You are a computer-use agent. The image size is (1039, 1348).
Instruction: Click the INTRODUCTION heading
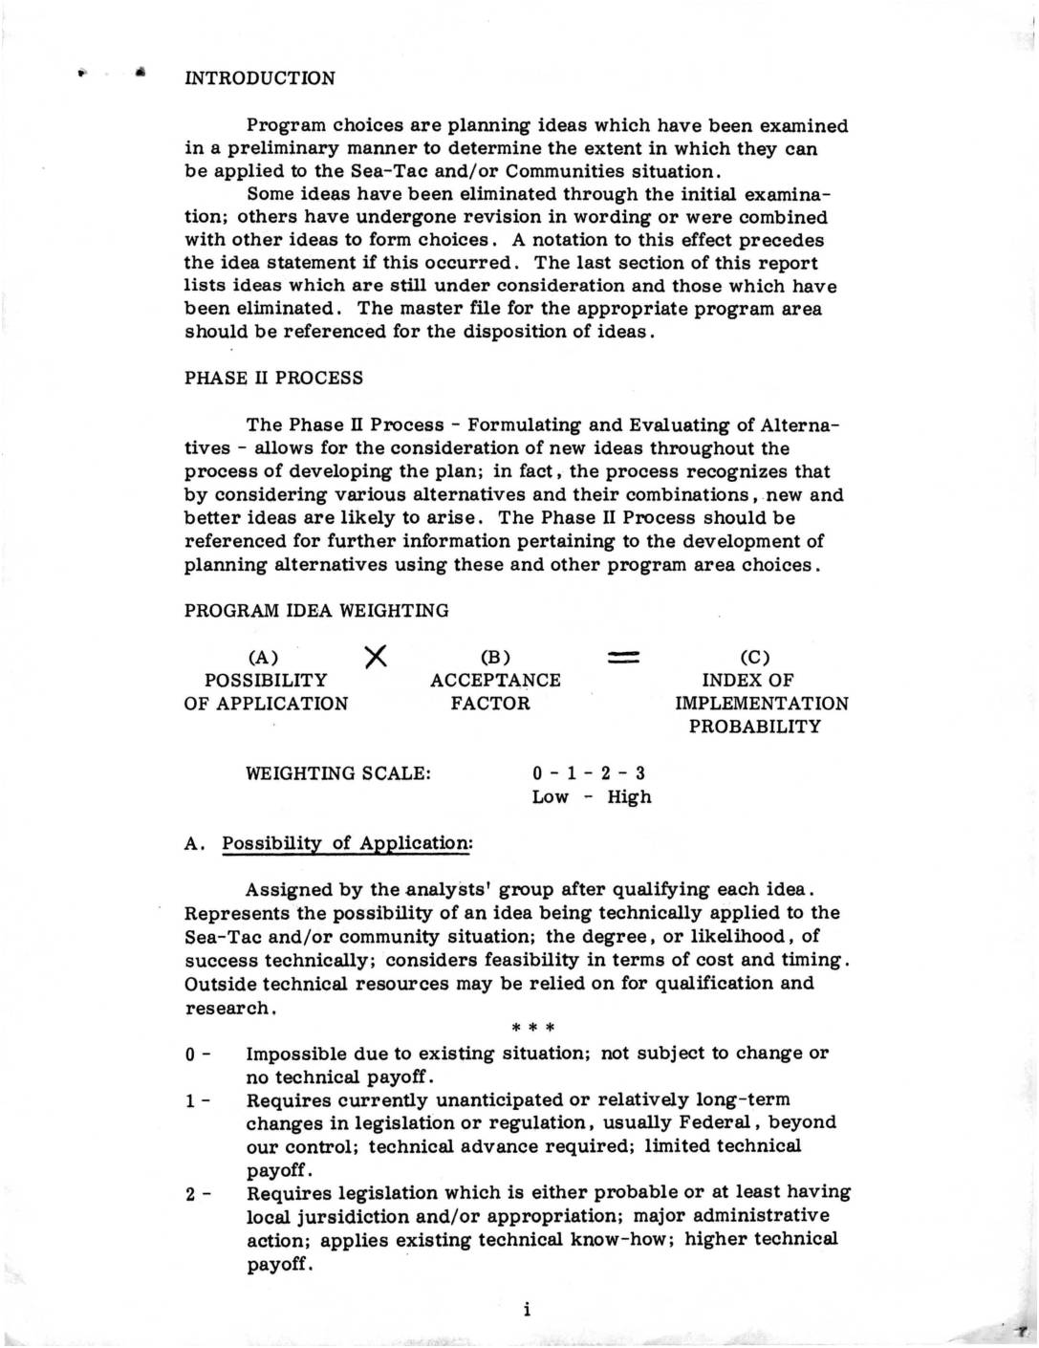(x=259, y=78)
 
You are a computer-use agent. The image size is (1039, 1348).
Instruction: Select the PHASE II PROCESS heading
(x=273, y=378)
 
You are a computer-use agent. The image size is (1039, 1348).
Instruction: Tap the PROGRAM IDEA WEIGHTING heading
(x=315, y=611)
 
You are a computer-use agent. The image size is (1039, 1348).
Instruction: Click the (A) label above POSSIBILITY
(x=263, y=658)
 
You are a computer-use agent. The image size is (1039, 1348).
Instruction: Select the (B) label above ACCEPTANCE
(x=495, y=658)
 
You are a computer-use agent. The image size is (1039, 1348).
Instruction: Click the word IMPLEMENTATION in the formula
(x=762, y=704)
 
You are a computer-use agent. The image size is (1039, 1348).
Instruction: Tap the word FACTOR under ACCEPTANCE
(x=490, y=704)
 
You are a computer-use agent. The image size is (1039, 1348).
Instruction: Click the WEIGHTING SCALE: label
(x=338, y=773)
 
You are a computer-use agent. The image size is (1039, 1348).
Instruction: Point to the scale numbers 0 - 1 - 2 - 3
(x=589, y=773)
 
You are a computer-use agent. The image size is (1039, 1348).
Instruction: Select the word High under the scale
(x=629, y=797)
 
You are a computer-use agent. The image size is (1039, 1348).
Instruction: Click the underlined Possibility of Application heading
(x=346, y=843)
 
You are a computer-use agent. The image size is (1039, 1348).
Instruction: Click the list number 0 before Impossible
(x=191, y=1054)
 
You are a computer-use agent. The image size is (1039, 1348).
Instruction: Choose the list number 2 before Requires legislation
(x=191, y=1194)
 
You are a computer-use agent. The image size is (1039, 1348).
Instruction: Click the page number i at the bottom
(x=527, y=1310)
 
